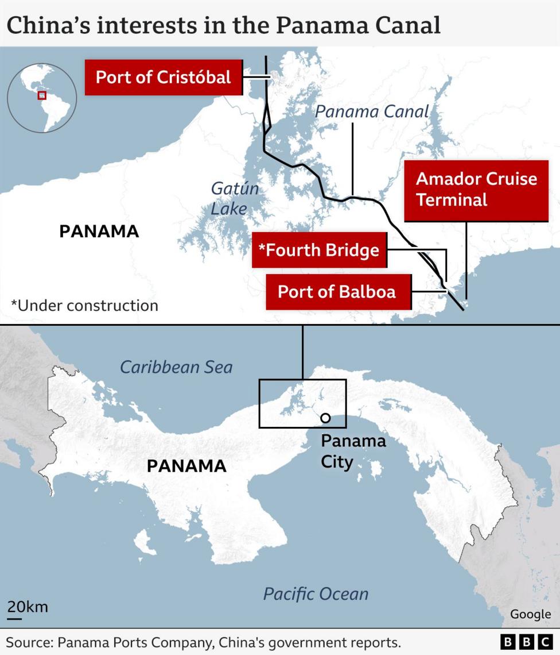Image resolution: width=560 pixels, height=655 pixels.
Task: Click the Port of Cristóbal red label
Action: pyautogui.click(x=163, y=77)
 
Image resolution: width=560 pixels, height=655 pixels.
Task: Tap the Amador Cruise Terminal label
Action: pyautogui.click(x=476, y=190)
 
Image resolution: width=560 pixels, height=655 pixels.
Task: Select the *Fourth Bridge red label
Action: pyautogui.click(x=319, y=250)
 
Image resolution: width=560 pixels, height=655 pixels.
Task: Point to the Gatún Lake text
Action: pyautogui.click(x=234, y=198)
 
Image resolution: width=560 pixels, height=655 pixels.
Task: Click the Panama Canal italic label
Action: pyautogui.click(x=372, y=111)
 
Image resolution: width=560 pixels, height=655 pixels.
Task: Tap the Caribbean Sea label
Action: pyautogui.click(x=176, y=367)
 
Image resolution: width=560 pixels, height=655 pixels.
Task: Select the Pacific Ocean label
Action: pyautogui.click(x=316, y=594)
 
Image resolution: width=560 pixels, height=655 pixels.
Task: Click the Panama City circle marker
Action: pyautogui.click(x=325, y=418)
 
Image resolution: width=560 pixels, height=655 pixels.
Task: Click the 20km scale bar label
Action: pyautogui.click(x=28, y=607)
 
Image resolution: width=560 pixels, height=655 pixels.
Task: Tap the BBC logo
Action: pyautogui.click(x=525, y=642)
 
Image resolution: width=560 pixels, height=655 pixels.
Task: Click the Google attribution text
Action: pyautogui.click(x=530, y=614)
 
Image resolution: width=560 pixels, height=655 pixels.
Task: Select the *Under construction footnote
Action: pyautogui.click(x=84, y=305)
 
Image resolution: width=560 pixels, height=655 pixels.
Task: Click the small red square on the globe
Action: pyautogui.click(x=41, y=95)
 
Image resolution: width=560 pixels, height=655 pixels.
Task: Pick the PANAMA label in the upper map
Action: pyautogui.click(x=99, y=232)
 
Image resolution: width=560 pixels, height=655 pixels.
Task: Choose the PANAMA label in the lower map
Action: pyautogui.click(x=186, y=465)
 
